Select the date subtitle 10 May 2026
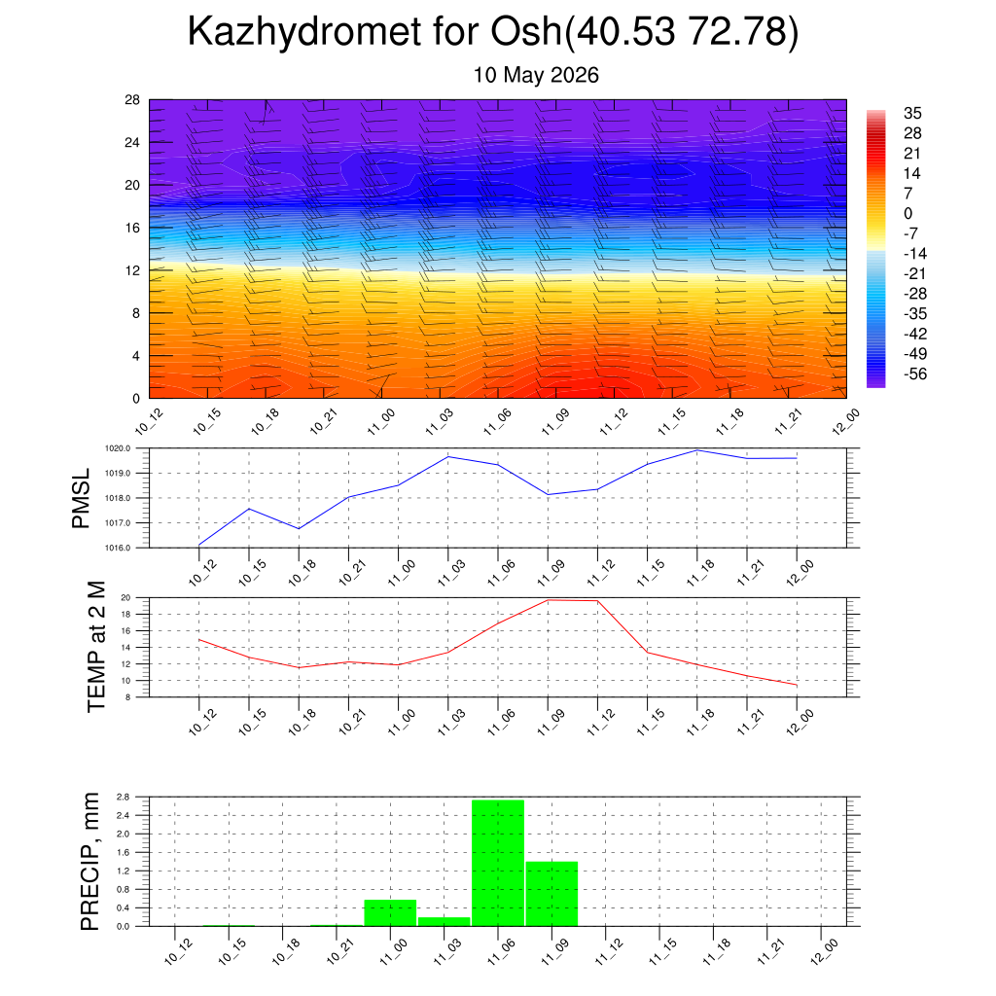[x=536, y=75]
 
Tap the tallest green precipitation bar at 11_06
[x=498, y=863]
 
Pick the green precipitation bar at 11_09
[x=552, y=894]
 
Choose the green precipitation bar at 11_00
[x=390, y=912]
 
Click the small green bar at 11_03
[x=444, y=922]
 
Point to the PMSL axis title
[x=82, y=499]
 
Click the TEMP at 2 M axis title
[x=95, y=647]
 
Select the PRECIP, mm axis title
[x=90, y=862]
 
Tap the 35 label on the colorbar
[x=912, y=113]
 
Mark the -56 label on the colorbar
[x=915, y=373]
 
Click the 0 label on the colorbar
[x=907, y=213]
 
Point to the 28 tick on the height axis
[x=132, y=100]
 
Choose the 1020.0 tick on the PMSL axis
[x=118, y=448]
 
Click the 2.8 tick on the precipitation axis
[x=124, y=797]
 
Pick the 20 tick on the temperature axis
[x=125, y=598]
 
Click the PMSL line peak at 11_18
[x=697, y=450]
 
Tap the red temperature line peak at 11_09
[x=549, y=600]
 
